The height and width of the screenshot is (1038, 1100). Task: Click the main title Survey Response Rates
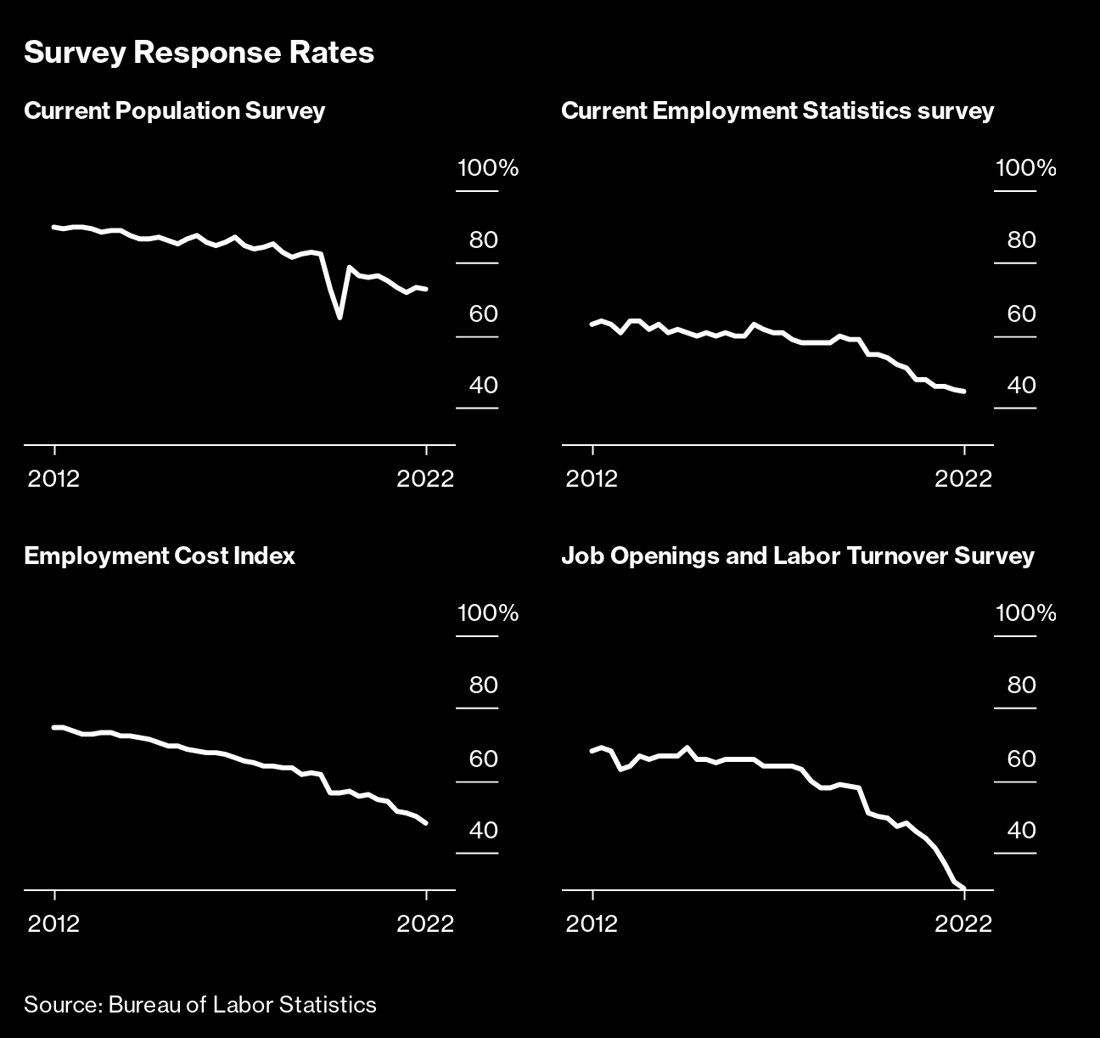pos(199,53)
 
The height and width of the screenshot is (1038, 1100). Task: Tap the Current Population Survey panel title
pos(174,111)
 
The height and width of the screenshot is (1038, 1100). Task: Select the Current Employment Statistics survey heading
pos(777,111)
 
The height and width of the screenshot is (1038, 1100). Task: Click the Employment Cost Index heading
pos(160,556)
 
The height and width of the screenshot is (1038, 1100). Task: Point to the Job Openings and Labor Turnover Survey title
pos(797,556)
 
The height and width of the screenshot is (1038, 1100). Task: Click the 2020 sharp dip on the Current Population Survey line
pos(340,317)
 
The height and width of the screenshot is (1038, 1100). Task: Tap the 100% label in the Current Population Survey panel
pos(487,168)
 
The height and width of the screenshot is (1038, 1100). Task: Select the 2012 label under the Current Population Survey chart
pos(53,478)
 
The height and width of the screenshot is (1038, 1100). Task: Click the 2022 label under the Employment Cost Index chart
pos(425,923)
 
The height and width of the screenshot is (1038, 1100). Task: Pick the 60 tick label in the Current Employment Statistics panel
pos(1021,314)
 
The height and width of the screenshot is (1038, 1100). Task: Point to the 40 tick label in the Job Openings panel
pos(1021,830)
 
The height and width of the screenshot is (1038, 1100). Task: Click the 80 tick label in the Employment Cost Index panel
pos(483,685)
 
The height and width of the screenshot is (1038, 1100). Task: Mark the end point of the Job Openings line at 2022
pos(963,888)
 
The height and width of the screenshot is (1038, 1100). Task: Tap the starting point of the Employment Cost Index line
pos(54,727)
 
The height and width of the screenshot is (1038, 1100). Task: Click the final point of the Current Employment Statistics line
pos(964,392)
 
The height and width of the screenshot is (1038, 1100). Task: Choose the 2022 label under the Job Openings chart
pos(963,923)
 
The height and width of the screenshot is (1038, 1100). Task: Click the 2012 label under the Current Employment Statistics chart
pos(592,478)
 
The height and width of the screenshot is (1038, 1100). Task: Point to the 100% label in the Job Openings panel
pos(1025,613)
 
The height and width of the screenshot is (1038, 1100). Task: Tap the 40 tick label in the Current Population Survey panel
pos(483,386)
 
